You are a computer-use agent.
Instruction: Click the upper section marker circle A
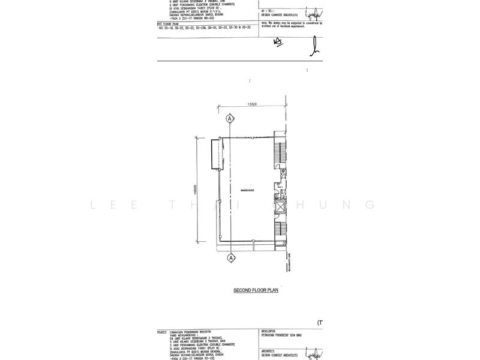coord(230,119)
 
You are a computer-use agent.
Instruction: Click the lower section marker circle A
coord(230,258)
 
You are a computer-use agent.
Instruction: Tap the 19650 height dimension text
coord(196,188)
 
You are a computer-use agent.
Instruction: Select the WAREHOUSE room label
coord(248,190)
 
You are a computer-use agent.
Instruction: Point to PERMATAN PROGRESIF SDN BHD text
coord(283,334)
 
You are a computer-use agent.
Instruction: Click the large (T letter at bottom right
coord(320,323)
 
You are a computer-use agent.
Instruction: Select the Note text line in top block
coord(292,23)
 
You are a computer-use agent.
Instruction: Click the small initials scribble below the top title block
coord(277,41)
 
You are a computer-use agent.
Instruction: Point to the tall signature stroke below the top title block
coord(314,46)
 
